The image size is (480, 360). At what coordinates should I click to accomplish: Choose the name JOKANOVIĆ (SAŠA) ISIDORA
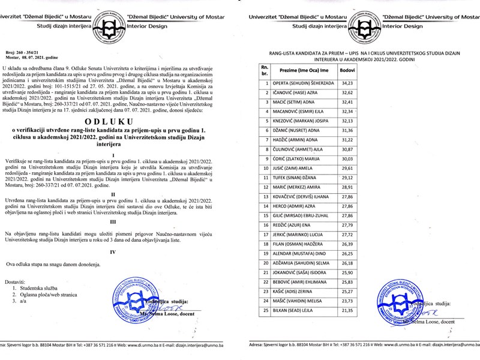(303, 273)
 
